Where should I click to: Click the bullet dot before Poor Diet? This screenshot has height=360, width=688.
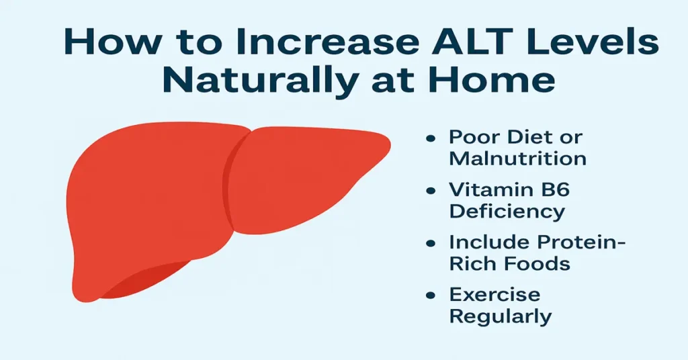tap(431, 138)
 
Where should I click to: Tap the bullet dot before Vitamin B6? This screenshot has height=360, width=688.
tap(431, 191)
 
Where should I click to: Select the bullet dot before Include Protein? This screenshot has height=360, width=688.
tap(431, 243)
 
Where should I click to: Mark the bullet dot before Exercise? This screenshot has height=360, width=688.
tap(431, 296)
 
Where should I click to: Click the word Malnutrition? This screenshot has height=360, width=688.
tap(517, 159)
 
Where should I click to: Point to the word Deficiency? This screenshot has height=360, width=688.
tap(507, 211)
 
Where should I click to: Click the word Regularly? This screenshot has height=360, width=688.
tap(500, 316)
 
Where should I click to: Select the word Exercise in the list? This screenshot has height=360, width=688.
tap(494, 295)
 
